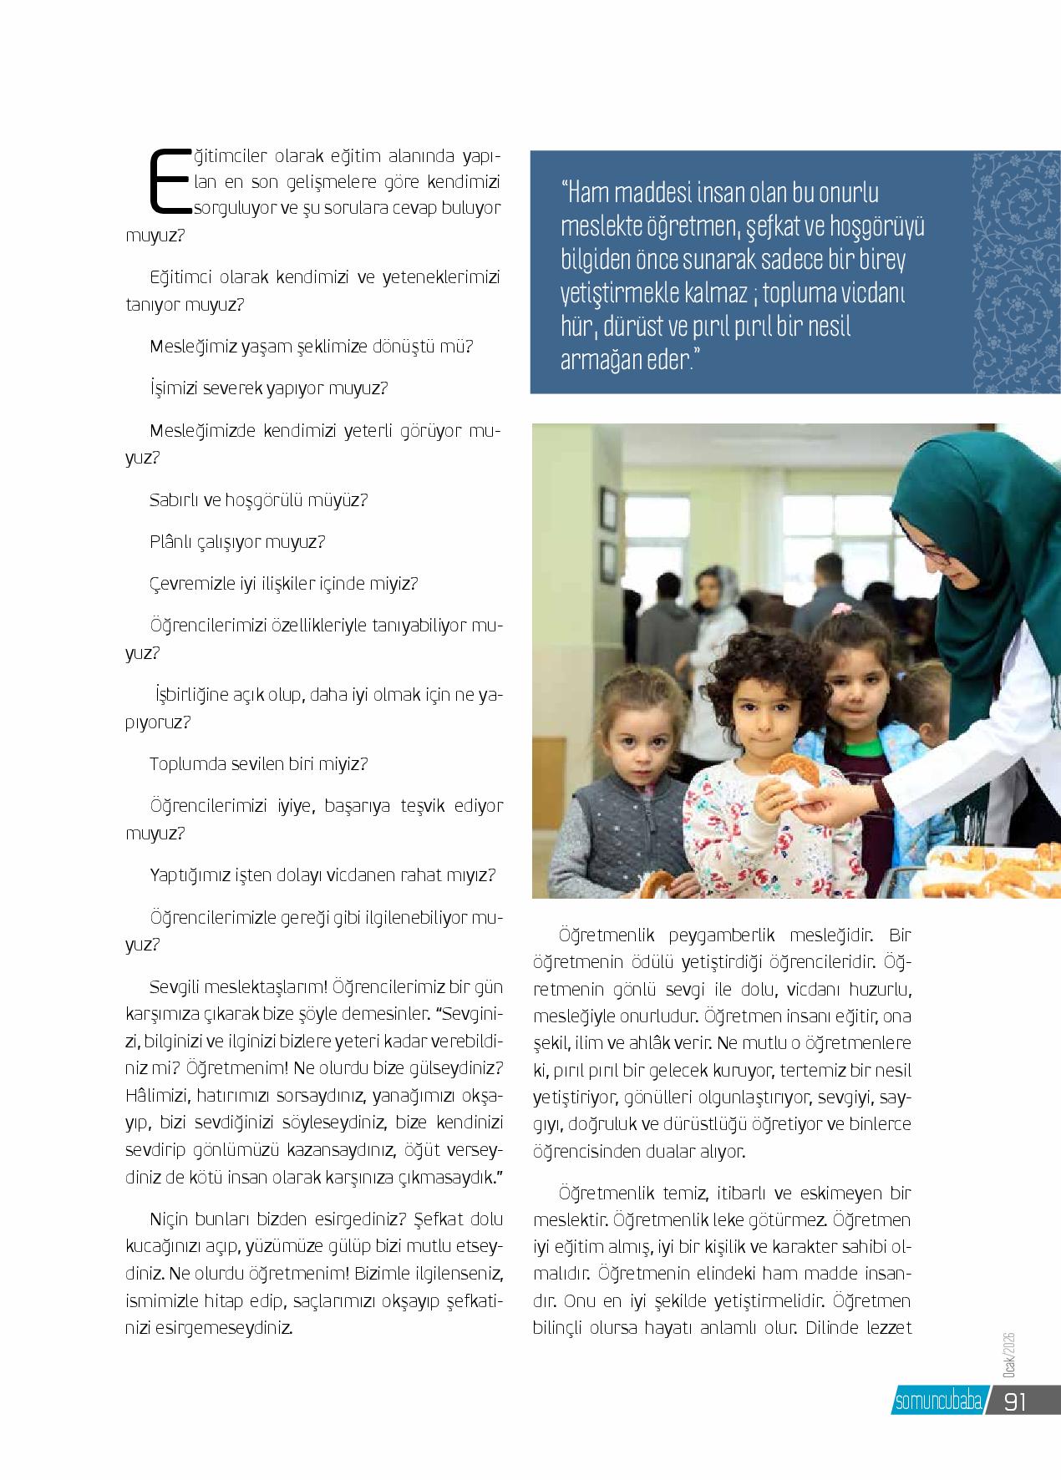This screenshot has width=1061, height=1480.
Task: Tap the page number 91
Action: click(1014, 1402)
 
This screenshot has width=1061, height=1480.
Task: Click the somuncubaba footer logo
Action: click(938, 1402)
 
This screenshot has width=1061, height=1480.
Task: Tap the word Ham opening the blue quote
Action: click(587, 193)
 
